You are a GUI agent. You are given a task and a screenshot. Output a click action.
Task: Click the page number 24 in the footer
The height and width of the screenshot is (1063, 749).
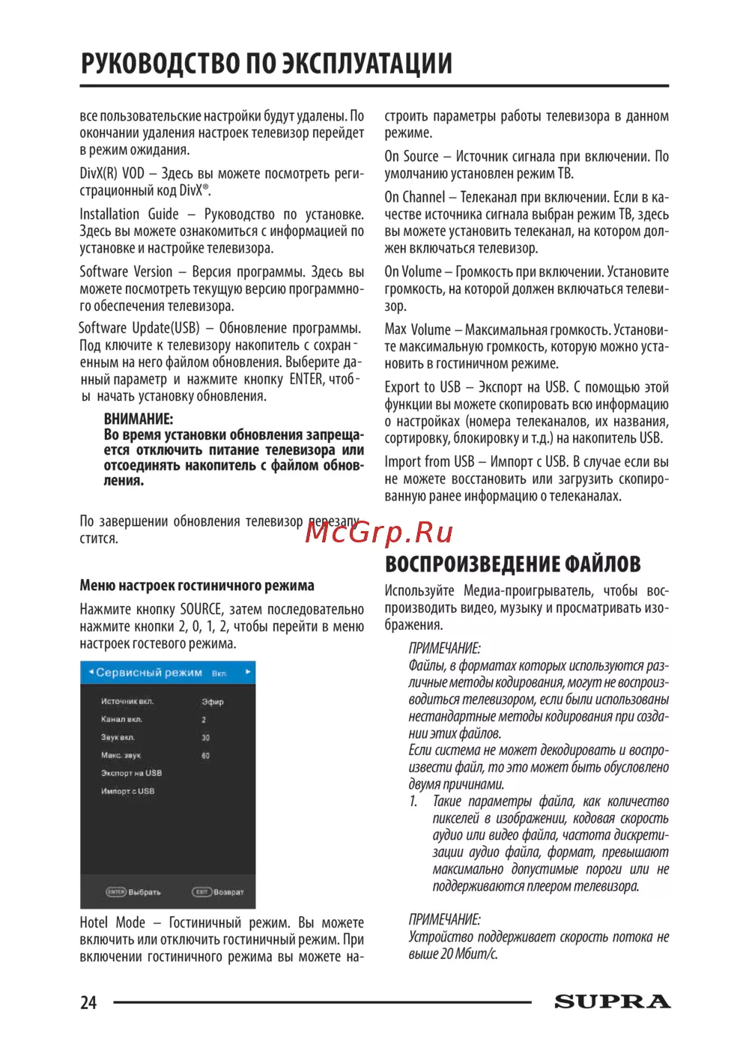88,1002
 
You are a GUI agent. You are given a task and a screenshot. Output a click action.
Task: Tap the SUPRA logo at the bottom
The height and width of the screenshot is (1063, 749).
612,1002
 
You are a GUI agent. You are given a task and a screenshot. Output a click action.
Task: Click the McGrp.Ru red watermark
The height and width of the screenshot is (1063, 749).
380,532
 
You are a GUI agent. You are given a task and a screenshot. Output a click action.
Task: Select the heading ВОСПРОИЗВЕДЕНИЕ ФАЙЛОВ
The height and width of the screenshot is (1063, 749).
512,564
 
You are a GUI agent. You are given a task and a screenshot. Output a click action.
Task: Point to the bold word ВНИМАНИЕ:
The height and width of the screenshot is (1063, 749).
139,419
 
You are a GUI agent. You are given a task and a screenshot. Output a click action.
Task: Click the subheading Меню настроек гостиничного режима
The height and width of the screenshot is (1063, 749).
197,585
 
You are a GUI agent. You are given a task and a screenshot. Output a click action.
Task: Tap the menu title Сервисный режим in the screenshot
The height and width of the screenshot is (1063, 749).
149,673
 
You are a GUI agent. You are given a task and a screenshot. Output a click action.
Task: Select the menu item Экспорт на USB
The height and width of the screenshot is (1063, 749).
131,773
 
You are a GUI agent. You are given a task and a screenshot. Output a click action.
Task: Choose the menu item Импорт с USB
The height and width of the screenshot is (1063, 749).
127,791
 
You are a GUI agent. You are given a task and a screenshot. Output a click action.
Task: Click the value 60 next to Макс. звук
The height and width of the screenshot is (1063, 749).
206,756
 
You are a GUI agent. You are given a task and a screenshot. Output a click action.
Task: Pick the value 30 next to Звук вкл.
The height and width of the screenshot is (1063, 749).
206,738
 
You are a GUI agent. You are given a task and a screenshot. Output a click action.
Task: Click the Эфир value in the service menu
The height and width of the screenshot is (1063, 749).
213,702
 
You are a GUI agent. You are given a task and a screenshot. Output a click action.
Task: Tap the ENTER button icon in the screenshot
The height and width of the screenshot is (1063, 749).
116,892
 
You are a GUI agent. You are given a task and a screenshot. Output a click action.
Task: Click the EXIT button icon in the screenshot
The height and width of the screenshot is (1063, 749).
201,892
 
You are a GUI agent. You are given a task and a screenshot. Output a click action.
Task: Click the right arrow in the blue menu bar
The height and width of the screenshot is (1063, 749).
248,672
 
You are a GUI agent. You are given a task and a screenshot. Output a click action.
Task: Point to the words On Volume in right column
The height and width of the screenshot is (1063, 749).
413,272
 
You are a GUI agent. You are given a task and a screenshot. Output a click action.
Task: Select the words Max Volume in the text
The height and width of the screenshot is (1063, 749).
417,330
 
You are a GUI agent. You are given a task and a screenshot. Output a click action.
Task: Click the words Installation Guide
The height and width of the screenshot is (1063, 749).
129,214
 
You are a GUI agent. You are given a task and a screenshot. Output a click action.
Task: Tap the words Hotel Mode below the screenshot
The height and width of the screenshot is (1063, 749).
112,923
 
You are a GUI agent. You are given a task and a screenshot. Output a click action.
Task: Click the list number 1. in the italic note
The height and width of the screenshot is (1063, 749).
413,802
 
